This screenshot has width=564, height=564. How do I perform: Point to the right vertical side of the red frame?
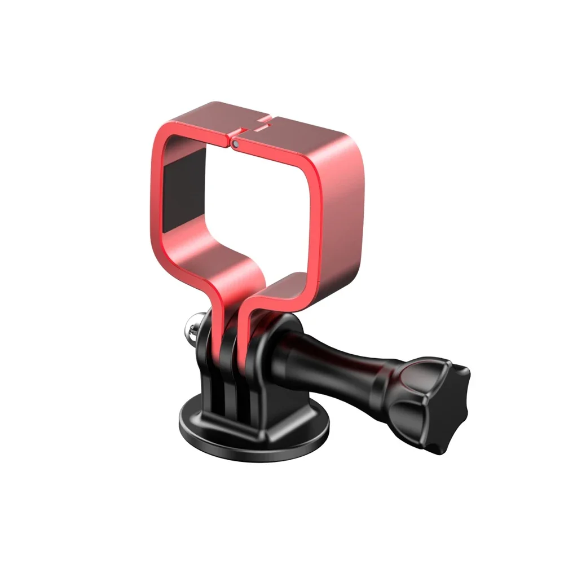coord(333,226)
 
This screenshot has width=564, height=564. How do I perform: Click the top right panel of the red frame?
coord(305,133)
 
